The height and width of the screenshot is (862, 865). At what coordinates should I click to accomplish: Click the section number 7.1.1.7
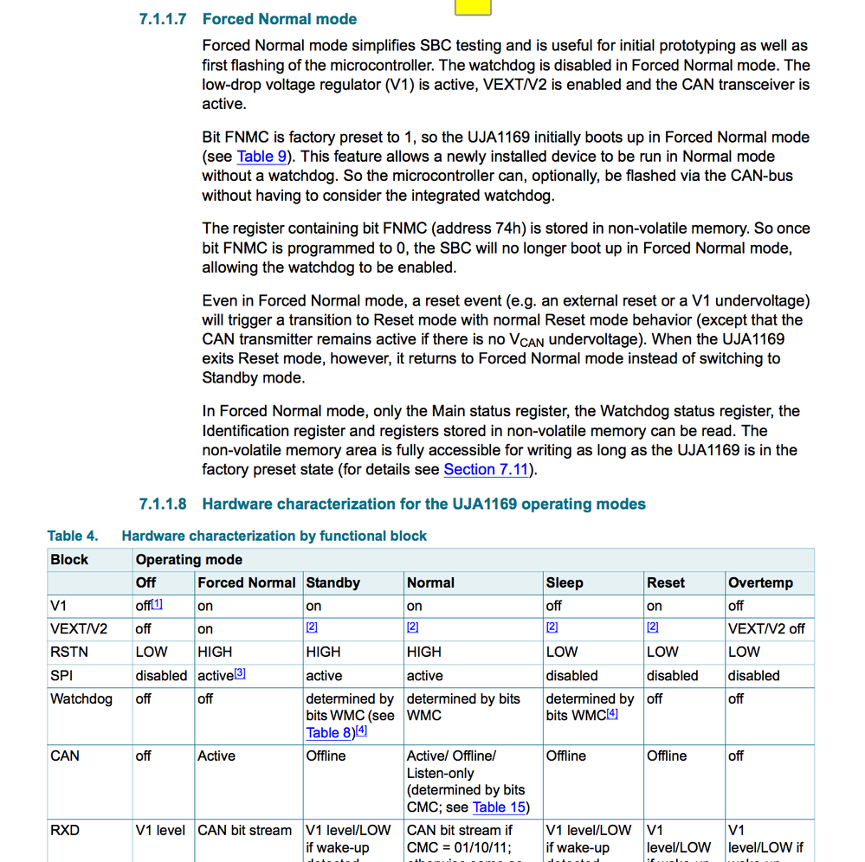163,19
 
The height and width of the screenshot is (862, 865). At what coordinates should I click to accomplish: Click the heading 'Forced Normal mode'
279,19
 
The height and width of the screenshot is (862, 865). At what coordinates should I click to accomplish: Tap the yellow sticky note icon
472,7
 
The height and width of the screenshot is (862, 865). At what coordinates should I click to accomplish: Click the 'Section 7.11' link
487,470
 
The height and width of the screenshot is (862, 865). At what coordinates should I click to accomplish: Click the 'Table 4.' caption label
73,537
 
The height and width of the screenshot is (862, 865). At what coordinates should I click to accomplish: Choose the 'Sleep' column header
565,583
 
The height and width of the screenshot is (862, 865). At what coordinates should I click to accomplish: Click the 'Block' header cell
69,560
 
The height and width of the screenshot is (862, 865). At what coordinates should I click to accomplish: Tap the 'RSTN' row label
69,653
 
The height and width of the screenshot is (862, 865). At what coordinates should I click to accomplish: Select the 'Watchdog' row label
81,698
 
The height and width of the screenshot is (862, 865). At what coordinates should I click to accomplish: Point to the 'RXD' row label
65,831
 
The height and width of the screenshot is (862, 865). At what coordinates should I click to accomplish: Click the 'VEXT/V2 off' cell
766,629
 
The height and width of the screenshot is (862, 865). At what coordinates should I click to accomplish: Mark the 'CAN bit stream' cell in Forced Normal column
245,831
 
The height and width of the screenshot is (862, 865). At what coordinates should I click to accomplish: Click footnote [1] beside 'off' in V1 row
157,605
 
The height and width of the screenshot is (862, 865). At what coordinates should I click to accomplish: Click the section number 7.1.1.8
163,504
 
